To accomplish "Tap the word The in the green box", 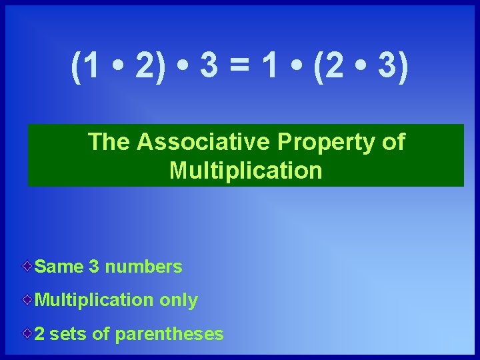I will click(110, 141).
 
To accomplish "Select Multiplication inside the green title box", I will click(246, 171).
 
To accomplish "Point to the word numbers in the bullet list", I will click(143, 267).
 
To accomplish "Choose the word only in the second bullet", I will click(178, 301).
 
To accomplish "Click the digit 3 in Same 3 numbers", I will click(94, 267).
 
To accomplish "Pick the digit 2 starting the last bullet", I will click(39, 334).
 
